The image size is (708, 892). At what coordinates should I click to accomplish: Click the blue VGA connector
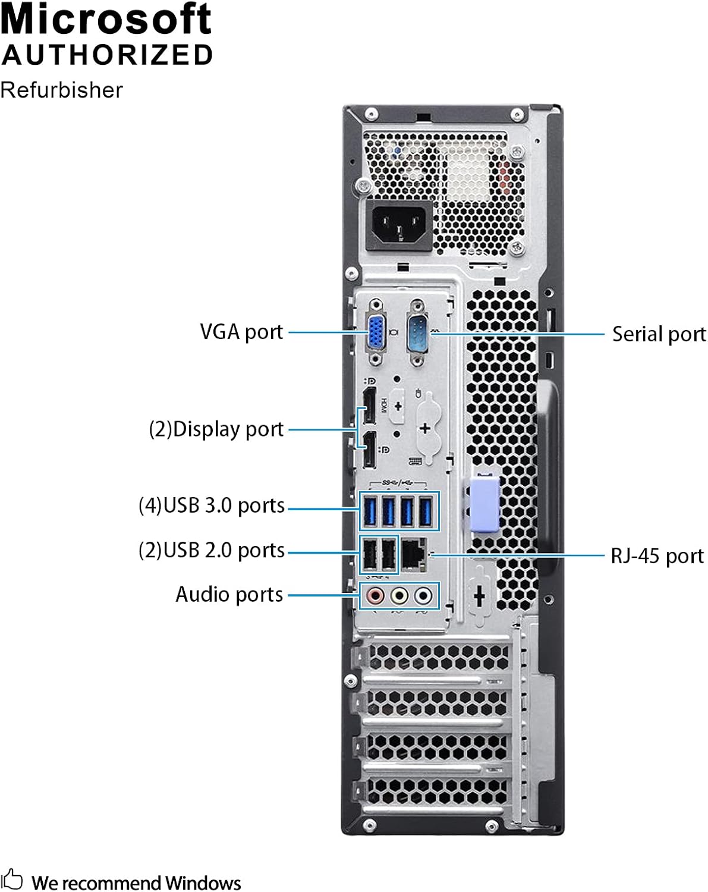coord(376,333)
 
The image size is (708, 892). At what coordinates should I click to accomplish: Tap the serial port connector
coord(418,333)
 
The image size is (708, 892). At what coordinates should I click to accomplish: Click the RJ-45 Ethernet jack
coord(414,555)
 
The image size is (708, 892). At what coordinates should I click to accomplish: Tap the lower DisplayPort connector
coord(369,450)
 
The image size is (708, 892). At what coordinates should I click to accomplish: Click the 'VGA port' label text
coord(241,332)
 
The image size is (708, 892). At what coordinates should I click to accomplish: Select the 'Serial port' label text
coord(659,334)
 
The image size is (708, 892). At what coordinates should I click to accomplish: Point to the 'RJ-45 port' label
coord(657,556)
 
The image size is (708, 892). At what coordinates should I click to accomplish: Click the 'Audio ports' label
coord(229,595)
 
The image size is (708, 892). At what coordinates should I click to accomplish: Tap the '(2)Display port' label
coord(216,429)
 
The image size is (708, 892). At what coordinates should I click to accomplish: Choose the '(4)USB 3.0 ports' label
coord(212,505)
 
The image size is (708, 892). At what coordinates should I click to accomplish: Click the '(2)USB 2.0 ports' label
coord(212,551)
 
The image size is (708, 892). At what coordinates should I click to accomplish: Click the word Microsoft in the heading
coord(106,18)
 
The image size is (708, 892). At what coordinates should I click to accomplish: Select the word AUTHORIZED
coord(107,55)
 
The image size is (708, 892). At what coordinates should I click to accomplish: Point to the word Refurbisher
coord(61,90)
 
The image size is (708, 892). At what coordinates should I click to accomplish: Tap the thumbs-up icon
coord(12,879)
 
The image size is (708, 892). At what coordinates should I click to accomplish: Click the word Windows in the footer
coord(203,883)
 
